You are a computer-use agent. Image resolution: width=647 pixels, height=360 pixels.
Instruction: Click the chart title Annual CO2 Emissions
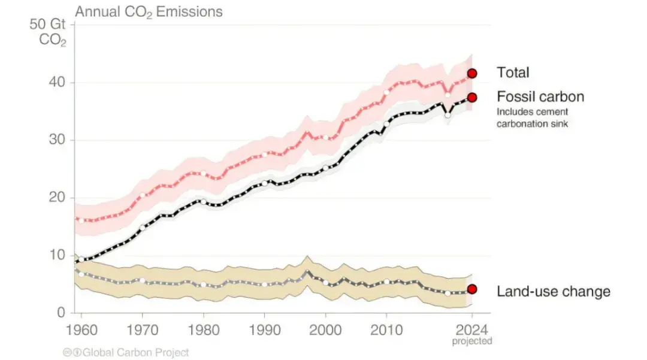(x=148, y=11)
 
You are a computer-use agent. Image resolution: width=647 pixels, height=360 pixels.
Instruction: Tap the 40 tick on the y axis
(x=56, y=82)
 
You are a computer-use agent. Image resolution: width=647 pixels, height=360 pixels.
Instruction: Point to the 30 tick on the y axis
(x=56, y=140)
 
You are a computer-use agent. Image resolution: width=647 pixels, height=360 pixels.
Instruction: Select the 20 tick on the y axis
(x=56, y=198)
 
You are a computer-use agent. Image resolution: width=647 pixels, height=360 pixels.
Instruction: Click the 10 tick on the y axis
(x=56, y=255)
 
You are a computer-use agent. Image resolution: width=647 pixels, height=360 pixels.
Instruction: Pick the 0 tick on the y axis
(x=61, y=313)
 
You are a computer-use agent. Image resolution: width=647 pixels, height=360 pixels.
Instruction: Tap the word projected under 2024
(x=472, y=341)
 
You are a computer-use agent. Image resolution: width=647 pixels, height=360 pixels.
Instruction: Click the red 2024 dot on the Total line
(x=472, y=73)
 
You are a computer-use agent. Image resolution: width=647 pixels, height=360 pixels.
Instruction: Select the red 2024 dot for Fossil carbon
(x=472, y=97)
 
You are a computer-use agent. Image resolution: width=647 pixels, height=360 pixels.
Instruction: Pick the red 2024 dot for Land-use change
(x=472, y=289)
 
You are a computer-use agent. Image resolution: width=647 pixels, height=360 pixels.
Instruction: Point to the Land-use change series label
(x=554, y=292)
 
